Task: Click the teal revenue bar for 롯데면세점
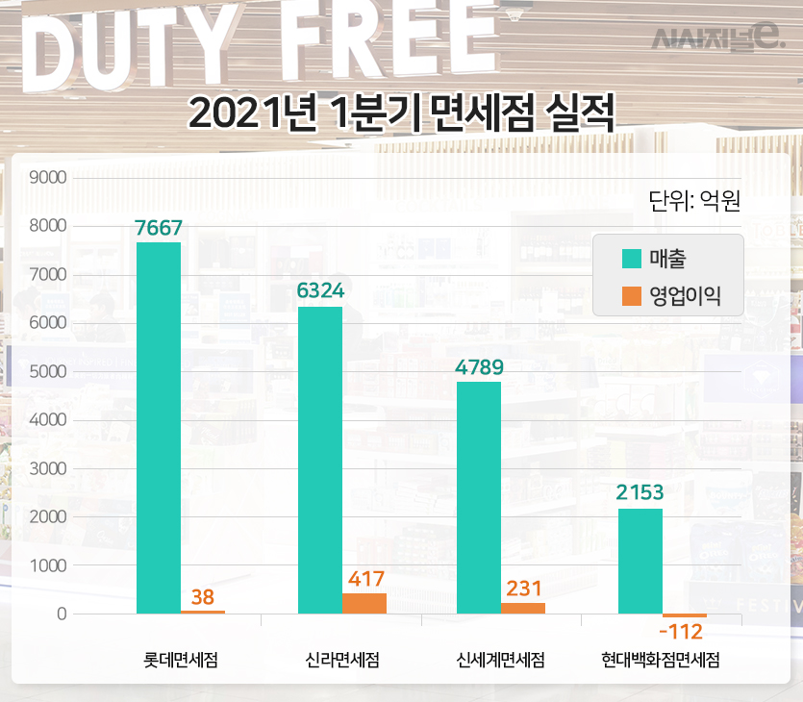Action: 159,428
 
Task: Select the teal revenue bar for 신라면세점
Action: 319,460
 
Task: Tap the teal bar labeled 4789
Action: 479,497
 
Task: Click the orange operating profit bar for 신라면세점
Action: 364,603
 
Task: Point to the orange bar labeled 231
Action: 523,608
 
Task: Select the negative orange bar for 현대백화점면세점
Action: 684,615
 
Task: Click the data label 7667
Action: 159,227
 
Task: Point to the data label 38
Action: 203,596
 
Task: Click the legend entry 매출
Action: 667,259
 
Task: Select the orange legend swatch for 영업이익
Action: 631,294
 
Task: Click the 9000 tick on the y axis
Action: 47,178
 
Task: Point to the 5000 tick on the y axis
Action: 47,372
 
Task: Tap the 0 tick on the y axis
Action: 60,614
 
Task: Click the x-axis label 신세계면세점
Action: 501,660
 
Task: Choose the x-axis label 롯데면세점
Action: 181,660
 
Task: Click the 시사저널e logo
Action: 718,38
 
